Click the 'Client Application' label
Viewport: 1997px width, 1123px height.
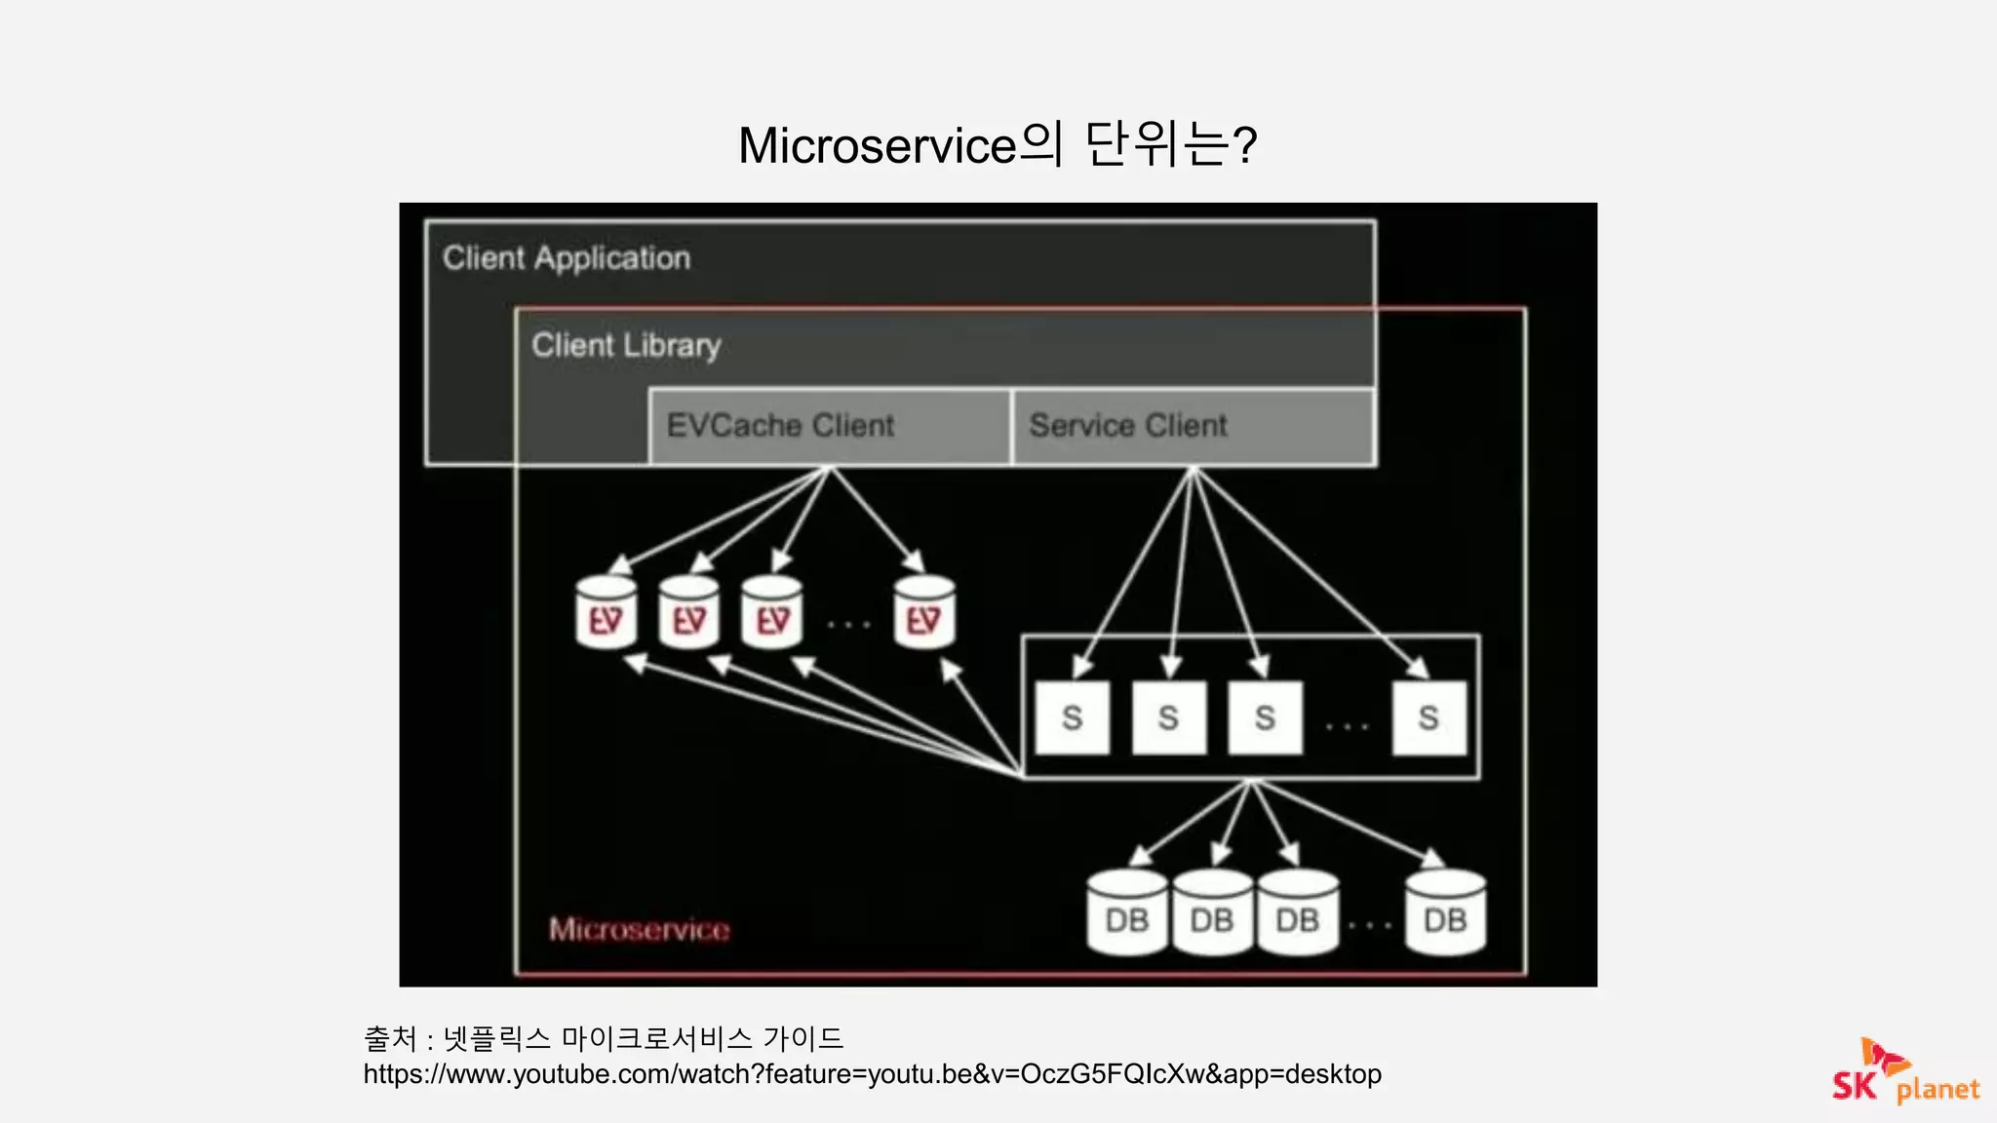point(567,258)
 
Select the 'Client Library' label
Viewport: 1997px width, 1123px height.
point(626,345)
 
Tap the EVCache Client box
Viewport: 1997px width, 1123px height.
point(830,426)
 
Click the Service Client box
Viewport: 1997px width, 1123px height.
point(1194,426)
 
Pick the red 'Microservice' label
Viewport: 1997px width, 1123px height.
point(639,929)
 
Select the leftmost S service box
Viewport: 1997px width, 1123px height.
point(1072,718)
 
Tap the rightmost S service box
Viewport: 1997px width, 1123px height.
point(1429,718)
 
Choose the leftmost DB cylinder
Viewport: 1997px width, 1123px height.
point(1127,914)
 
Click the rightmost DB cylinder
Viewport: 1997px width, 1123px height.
point(1445,914)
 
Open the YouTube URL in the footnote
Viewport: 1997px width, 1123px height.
point(872,1074)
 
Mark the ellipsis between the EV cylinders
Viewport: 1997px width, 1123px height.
point(848,624)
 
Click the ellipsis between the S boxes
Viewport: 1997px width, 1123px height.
point(1347,726)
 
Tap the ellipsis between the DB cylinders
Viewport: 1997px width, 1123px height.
point(1370,924)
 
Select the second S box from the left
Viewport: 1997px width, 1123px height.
point(1168,718)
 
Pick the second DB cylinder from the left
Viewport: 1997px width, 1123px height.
point(1212,914)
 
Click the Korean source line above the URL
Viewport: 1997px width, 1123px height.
point(603,1038)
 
